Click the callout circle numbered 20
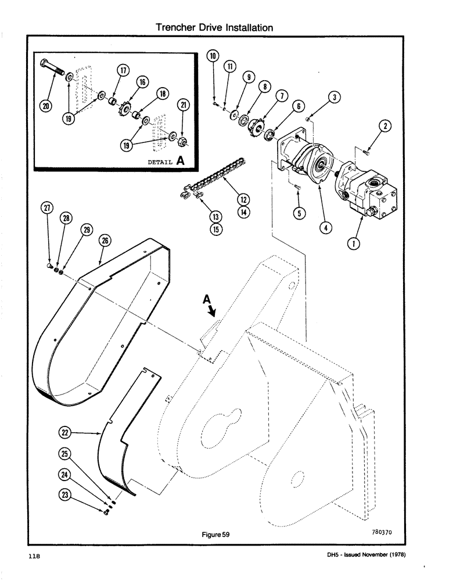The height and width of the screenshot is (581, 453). pos(46,107)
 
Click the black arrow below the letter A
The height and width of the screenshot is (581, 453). pos(213,313)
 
